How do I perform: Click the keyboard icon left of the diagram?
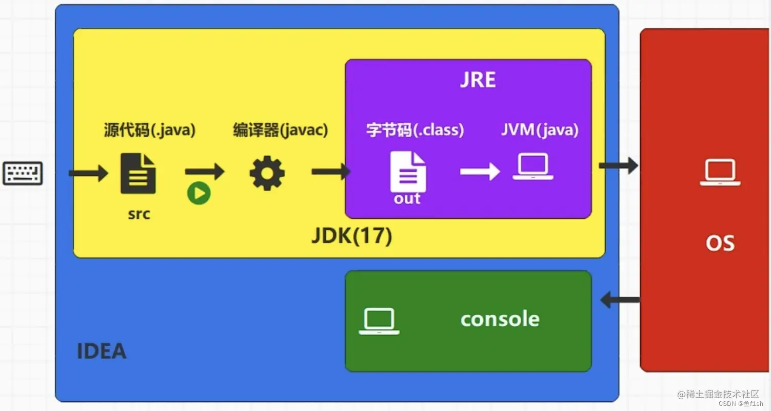coord(23,173)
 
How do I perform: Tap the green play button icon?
coord(199,194)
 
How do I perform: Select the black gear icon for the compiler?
coord(267,173)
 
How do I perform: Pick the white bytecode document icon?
coord(408,172)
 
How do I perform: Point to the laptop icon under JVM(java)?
coord(533,167)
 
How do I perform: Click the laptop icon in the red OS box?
coord(720,173)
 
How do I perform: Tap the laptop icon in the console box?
coord(379,322)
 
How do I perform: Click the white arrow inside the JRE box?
coord(480,171)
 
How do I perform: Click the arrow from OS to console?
coord(620,300)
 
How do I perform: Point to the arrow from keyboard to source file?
coord(88,173)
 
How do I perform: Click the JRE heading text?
coord(478,81)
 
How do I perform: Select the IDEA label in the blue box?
coord(102,351)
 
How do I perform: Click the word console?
coord(500,319)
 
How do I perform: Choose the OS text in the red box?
coord(720,242)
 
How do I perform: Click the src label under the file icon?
coord(139,213)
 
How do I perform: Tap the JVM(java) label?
coord(540,129)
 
